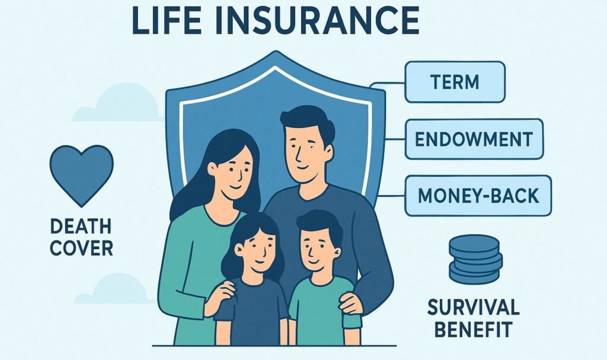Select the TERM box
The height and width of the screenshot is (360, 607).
tap(455, 82)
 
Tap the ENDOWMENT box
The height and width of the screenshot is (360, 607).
tap(474, 139)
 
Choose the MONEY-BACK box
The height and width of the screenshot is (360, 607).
tap(478, 195)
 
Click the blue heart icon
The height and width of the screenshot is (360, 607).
tap(81, 172)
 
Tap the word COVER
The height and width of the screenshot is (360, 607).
tap(81, 247)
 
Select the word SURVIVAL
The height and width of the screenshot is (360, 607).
tap(473, 307)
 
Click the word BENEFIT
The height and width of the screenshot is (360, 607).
tap(473, 328)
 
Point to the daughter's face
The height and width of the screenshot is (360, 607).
tap(252, 249)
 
